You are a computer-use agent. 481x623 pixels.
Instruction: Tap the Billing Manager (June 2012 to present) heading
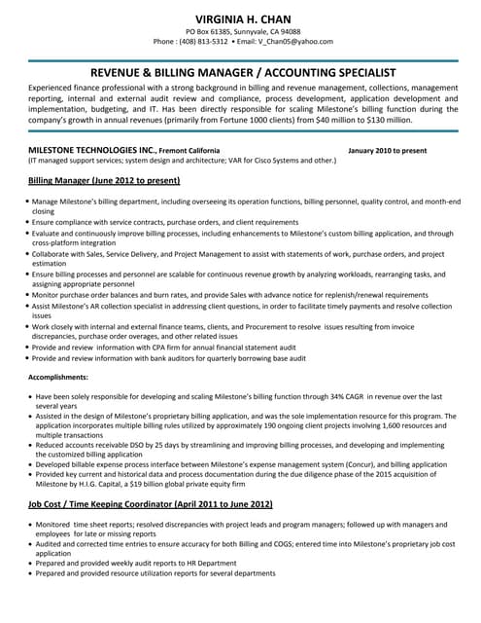[x=104, y=181]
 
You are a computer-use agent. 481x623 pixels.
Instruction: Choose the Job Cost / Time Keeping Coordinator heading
[x=150, y=505]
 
